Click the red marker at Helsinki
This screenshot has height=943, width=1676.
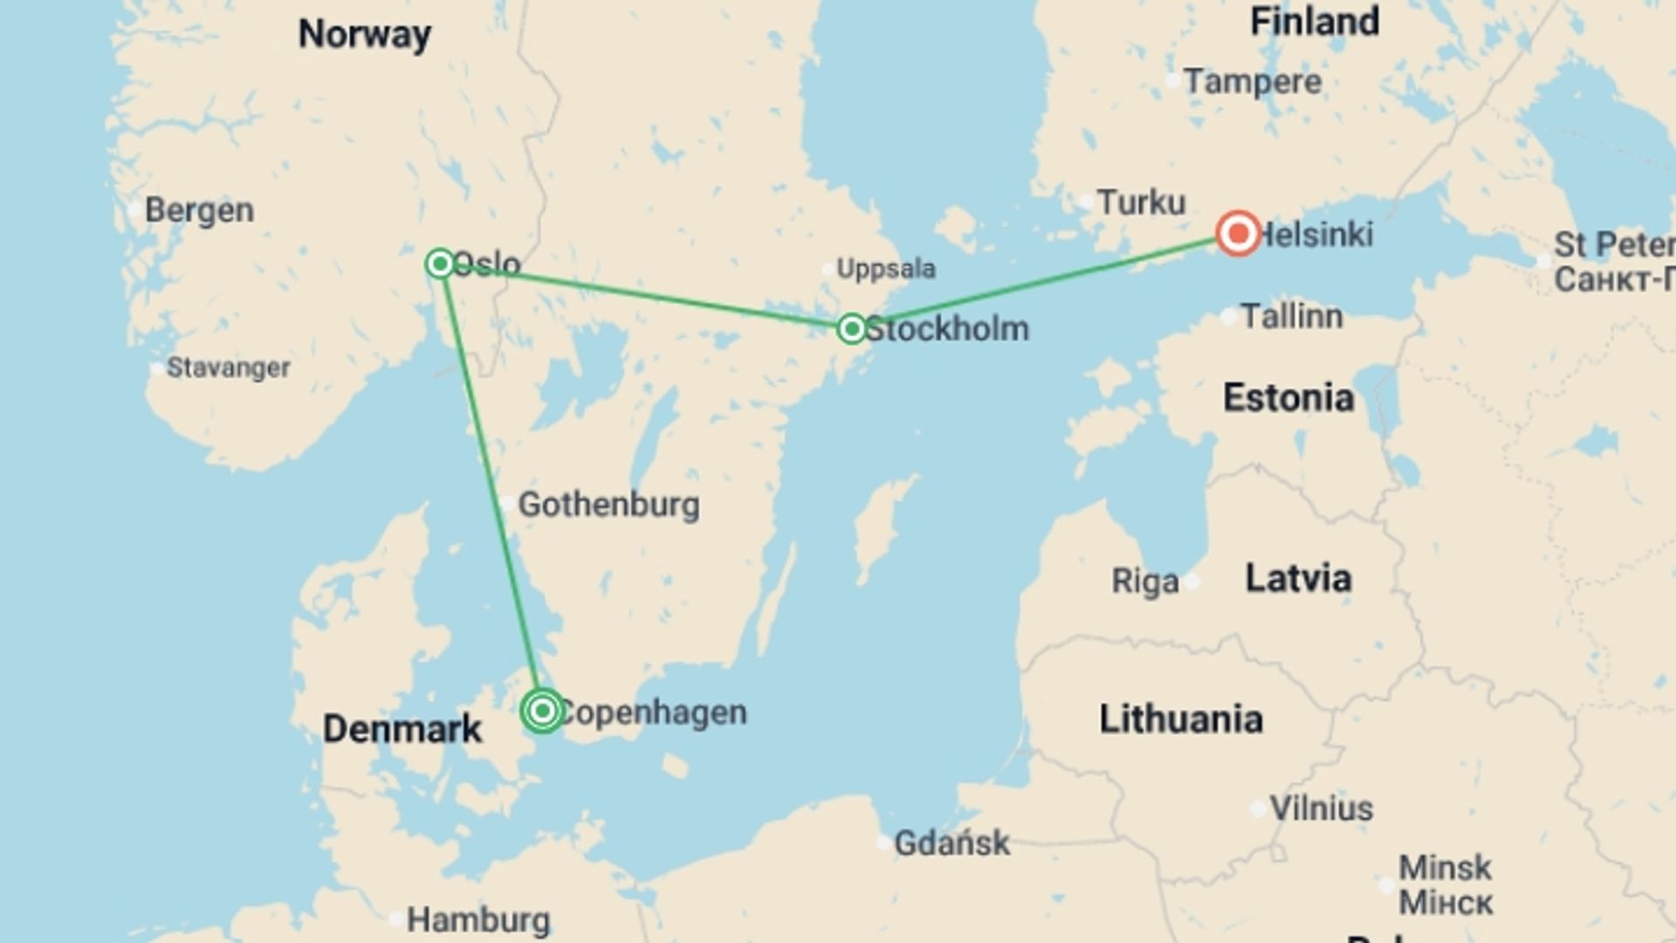point(1238,234)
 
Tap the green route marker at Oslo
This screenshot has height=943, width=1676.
point(440,263)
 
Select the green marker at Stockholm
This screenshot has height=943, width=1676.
point(851,329)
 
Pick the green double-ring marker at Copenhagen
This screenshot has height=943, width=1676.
point(542,711)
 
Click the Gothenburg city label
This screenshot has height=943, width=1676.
point(608,505)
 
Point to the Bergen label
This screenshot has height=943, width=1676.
point(199,210)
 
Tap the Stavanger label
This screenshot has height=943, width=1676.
point(228,368)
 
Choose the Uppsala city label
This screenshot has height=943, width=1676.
point(885,269)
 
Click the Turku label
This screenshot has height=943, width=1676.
point(1141,203)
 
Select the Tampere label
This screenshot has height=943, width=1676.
point(1253,82)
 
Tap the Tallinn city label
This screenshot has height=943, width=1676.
point(1291,316)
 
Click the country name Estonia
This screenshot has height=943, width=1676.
point(1288,398)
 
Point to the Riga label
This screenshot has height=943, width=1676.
point(1144,581)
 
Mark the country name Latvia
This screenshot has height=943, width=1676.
point(1298,578)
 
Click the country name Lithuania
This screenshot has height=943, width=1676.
point(1180,719)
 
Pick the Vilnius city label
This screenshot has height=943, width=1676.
point(1321,809)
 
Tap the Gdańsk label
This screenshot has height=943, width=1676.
point(951,843)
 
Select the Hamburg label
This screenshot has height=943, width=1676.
point(478,920)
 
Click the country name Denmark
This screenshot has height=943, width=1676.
point(402,729)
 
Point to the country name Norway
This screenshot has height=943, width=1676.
point(365,35)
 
